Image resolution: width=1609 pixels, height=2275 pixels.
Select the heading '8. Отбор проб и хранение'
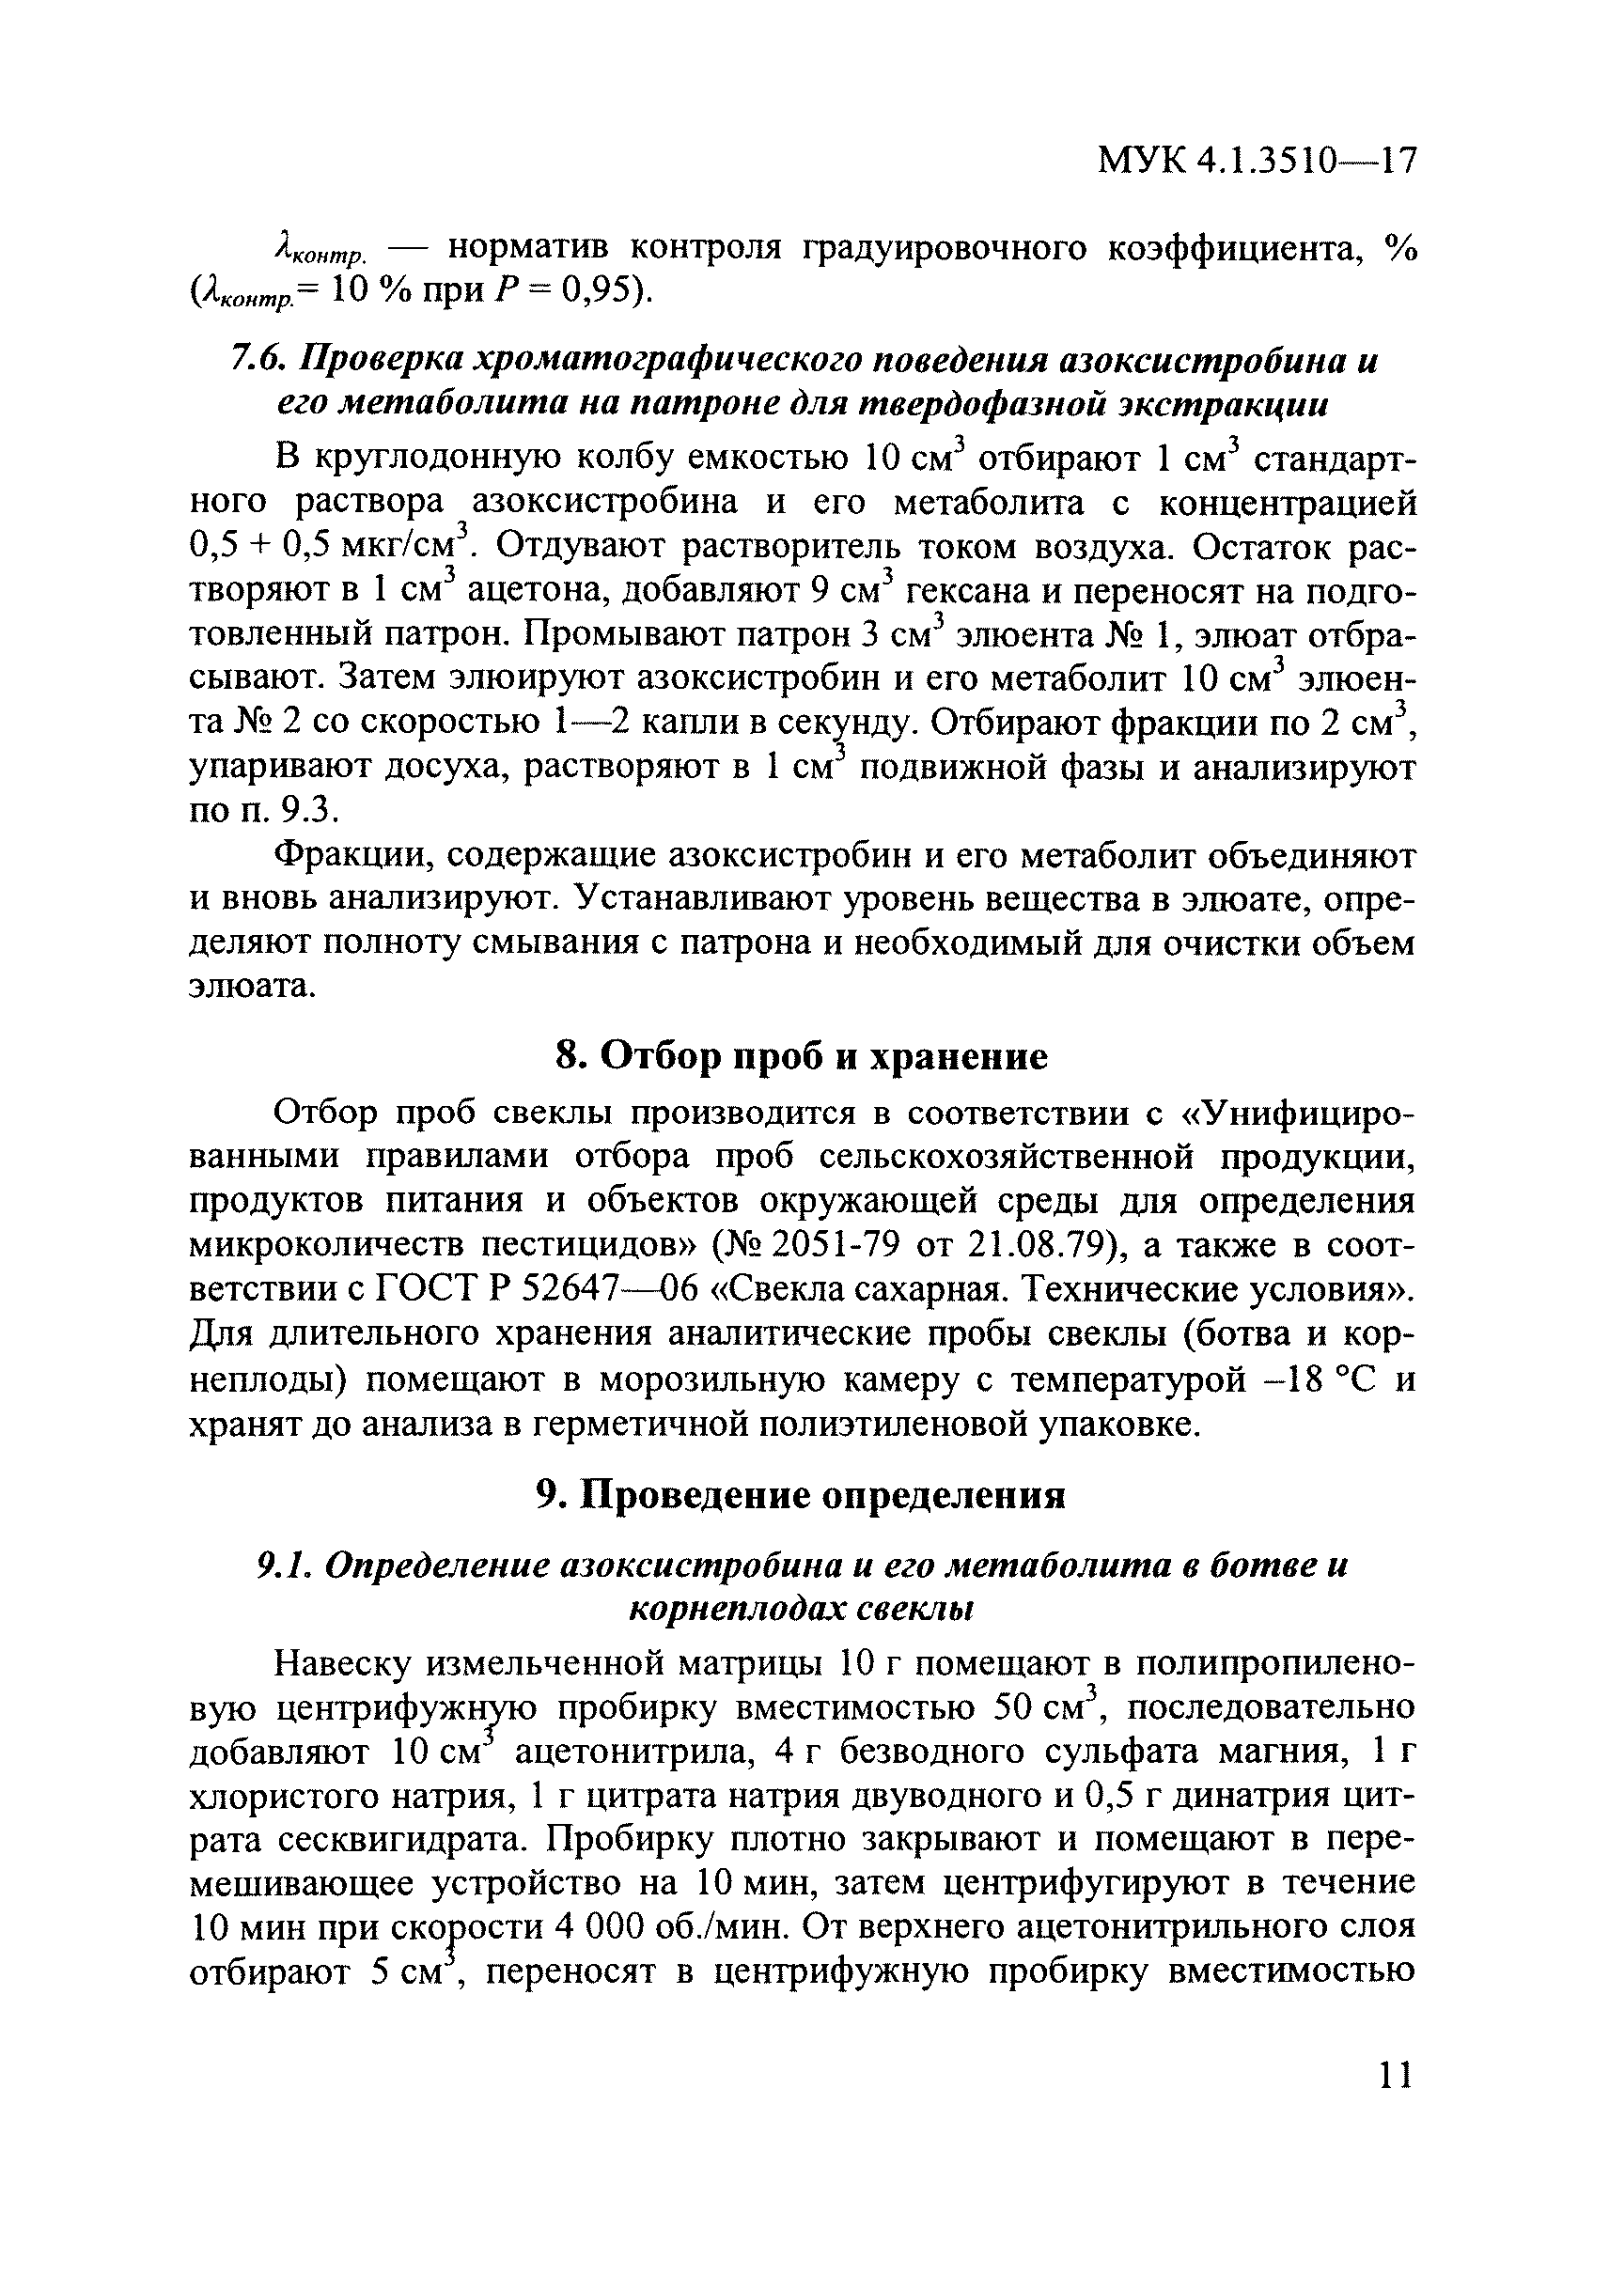coord(801,1057)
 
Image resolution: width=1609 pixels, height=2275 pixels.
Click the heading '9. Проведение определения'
coord(801,1495)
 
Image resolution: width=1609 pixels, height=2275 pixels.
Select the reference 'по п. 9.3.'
coord(263,812)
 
